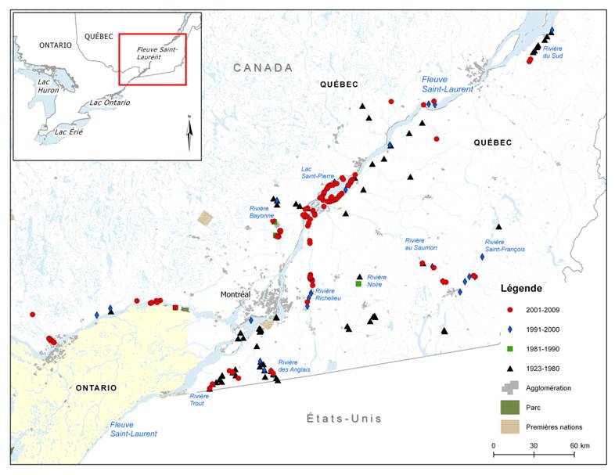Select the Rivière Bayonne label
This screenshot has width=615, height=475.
pos(259,212)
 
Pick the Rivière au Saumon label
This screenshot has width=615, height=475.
pos(421,243)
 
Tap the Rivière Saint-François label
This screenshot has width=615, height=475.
pos(505,246)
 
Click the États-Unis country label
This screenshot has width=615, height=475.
pos(344,419)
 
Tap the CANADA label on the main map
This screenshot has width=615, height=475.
pos(263,68)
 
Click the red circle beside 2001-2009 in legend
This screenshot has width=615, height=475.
pos(509,310)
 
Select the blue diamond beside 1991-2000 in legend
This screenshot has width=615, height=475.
pos(509,329)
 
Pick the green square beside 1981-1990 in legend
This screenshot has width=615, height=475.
pos(509,348)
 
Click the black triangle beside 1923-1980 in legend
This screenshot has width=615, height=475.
pos(509,368)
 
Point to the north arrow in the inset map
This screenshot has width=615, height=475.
pos(189,132)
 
